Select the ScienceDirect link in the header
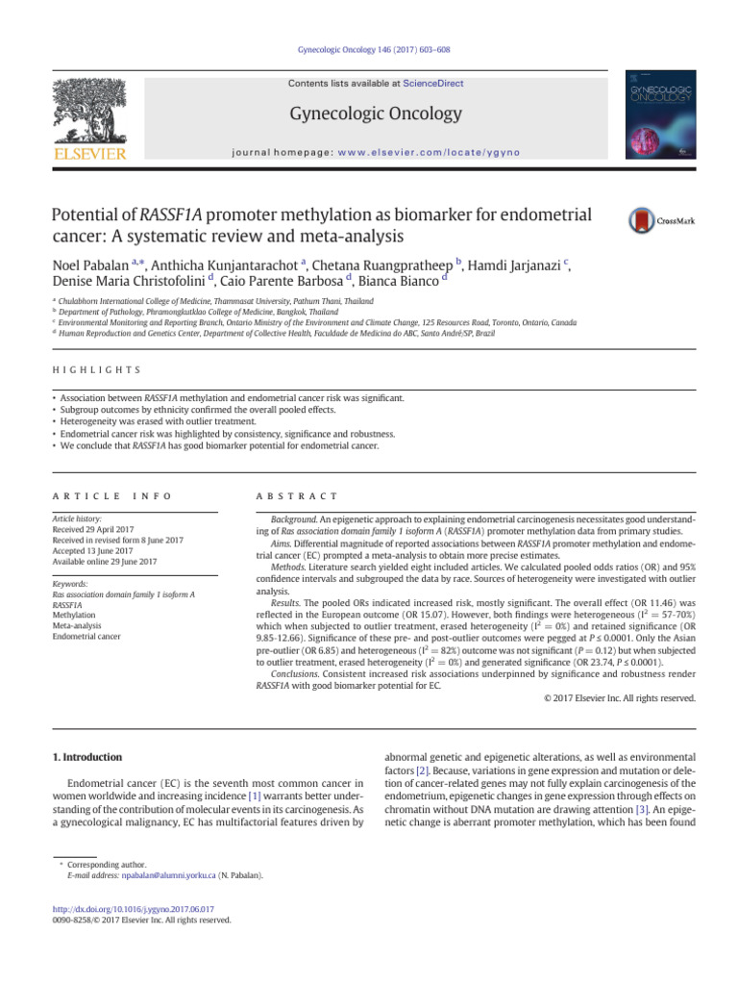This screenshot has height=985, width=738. [432, 84]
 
